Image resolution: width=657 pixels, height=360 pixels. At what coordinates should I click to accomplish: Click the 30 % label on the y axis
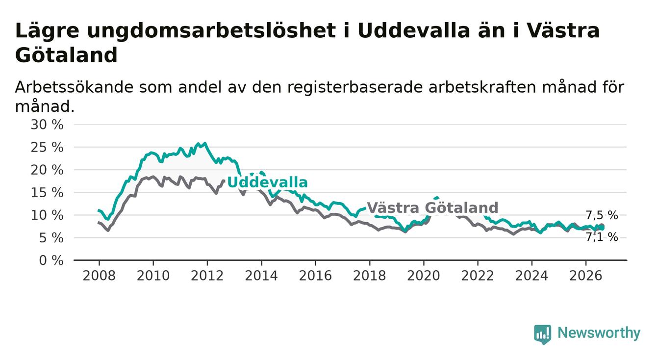(47, 125)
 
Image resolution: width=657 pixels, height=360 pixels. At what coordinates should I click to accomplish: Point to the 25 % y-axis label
(47, 147)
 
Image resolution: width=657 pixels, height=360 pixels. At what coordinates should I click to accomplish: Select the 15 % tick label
(47, 193)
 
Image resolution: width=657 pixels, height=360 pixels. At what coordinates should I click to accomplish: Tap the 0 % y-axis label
(51, 260)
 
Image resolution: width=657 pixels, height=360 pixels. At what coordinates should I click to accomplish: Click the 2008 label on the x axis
(99, 276)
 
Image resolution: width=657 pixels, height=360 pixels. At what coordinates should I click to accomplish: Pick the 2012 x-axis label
(207, 276)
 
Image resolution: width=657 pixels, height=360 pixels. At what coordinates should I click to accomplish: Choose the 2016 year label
(315, 276)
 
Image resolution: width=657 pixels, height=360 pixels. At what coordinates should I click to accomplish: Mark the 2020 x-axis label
(424, 276)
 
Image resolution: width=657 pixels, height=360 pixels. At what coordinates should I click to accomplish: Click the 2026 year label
(586, 276)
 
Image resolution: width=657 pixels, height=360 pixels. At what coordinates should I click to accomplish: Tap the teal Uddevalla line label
(267, 182)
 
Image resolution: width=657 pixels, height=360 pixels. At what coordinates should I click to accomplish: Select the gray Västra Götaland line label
(432, 208)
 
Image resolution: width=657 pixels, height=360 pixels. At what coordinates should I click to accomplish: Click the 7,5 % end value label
(602, 216)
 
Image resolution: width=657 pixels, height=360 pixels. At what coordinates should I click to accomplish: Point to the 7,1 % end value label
(602, 237)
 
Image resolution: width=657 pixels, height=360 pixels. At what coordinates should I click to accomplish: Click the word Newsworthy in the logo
(599, 333)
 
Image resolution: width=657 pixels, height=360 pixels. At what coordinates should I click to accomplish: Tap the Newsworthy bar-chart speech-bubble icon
(543, 334)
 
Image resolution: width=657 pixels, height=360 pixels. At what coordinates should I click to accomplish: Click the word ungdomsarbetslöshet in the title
(211, 31)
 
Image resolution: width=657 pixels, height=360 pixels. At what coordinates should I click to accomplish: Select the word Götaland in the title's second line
(66, 55)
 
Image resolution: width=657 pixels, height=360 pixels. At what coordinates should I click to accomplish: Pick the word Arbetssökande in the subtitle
(75, 87)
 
